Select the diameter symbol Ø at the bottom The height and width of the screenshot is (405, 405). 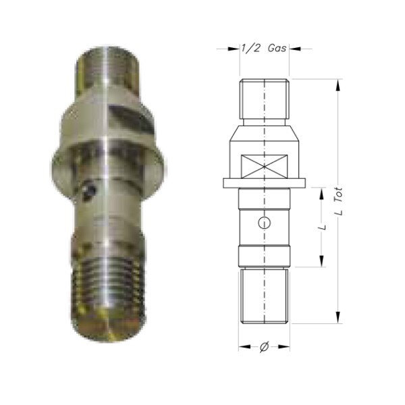pyautogui.click(x=264, y=347)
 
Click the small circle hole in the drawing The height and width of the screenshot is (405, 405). pyautogui.click(x=265, y=223)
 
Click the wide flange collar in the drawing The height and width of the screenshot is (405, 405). pyautogui.click(x=265, y=182)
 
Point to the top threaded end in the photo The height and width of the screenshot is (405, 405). pyautogui.click(x=108, y=67)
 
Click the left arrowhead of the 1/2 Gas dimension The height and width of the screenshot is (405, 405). pyautogui.click(x=238, y=49)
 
